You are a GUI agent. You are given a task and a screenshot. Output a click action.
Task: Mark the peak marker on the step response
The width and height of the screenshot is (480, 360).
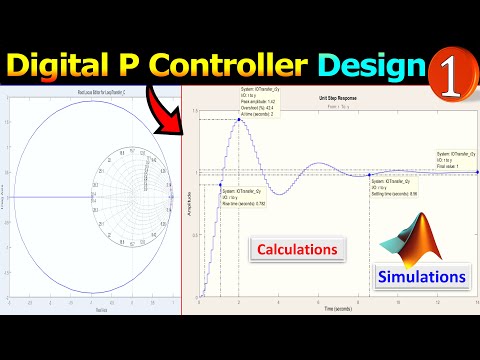[238, 117]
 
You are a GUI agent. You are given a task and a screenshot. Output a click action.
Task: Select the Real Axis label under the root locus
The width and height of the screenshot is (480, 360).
[90, 310]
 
